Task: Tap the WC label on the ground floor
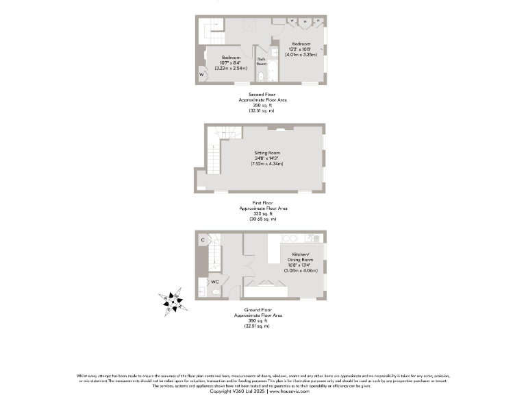214,282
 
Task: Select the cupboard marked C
203,239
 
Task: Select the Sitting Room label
266,153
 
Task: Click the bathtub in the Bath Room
268,70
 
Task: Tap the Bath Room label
261,62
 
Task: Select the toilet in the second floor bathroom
273,53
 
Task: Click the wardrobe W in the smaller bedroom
201,73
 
